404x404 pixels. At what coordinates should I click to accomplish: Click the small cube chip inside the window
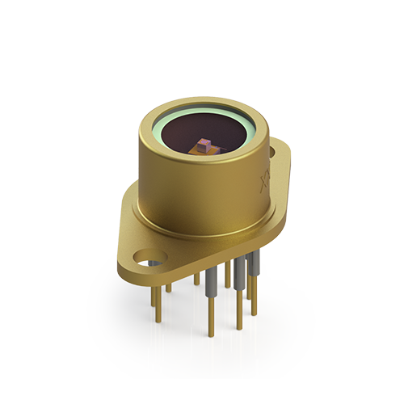pos(204,144)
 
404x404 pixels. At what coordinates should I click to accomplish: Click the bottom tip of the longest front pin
pos(212,333)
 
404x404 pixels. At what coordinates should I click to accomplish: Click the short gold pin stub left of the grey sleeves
pos(196,279)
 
